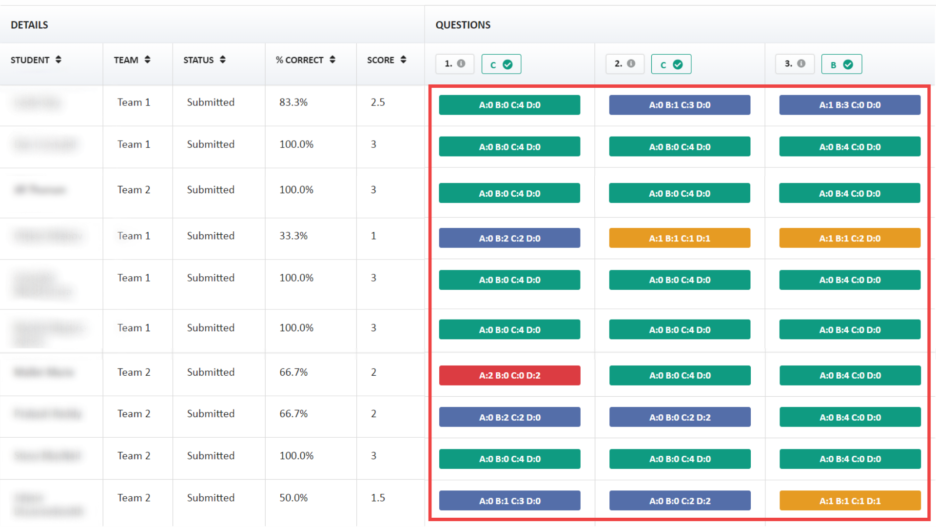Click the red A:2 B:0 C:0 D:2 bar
tap(509, 375)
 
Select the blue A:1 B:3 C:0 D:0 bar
tap(849, 105)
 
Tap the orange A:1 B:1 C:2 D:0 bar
tap(849, 238)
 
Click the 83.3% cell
tap(293, 102)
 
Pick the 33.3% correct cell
tap(293, 236)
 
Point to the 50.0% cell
tap(293, 498)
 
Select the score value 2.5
tap(378, 102)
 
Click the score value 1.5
tap(378, 498)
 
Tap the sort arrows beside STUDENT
tap(58, 60)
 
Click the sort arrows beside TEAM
tap(147, 60)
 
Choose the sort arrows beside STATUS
tap(223, 60)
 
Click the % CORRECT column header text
tap(299, 60)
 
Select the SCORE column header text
tap(380, 60)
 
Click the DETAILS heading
tap(29, 25)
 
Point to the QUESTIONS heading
tap(463, 25)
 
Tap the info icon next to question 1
tap(461, 63)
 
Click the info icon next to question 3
tap(801, 63)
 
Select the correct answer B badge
tap(841, 64)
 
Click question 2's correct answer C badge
tap(671, 64)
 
